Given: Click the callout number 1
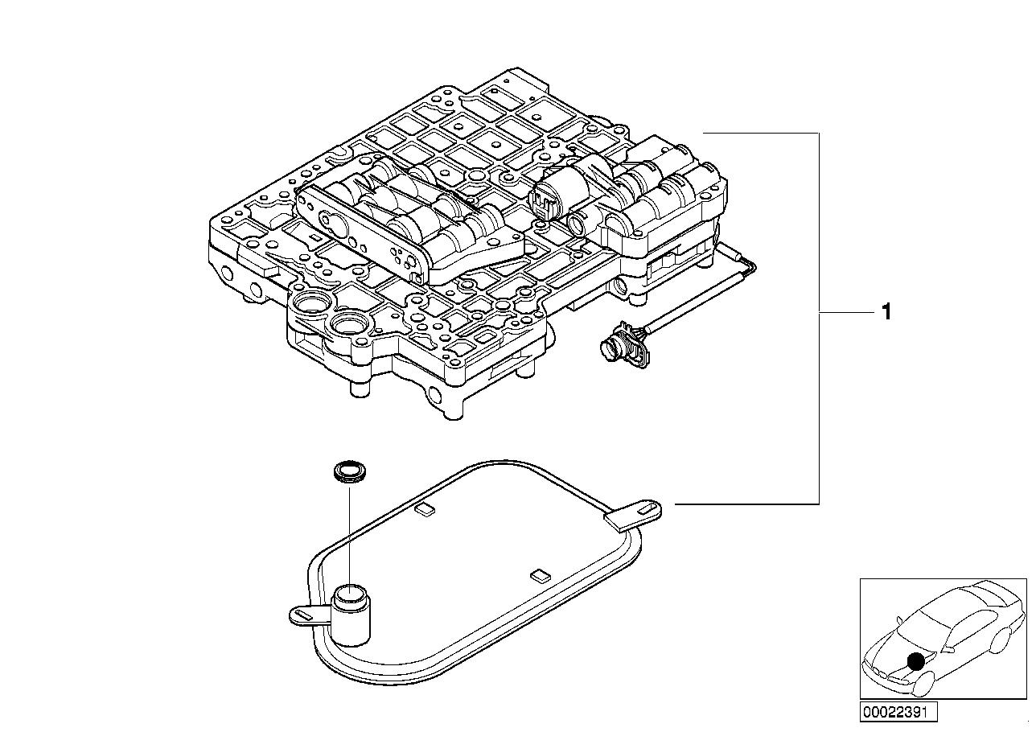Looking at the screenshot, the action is point(886,311).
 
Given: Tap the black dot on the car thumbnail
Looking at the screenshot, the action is point(915,662).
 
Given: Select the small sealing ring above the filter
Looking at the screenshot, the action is point(348,472).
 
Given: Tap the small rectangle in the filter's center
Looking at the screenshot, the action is point(540,575).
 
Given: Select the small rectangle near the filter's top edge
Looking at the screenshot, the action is point(424,508).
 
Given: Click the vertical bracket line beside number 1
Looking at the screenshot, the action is point(819,241).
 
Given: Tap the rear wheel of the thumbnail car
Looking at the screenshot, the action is point(1001,639).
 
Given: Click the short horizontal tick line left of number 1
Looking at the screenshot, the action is point(845,311).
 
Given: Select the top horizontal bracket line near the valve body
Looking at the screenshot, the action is point(760,133).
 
